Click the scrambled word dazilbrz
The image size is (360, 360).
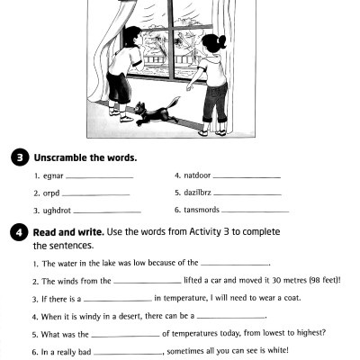[197, 193]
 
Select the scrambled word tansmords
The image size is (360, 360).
[201, 210]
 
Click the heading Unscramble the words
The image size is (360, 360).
[85, 157]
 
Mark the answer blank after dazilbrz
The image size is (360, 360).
[247, 194]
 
